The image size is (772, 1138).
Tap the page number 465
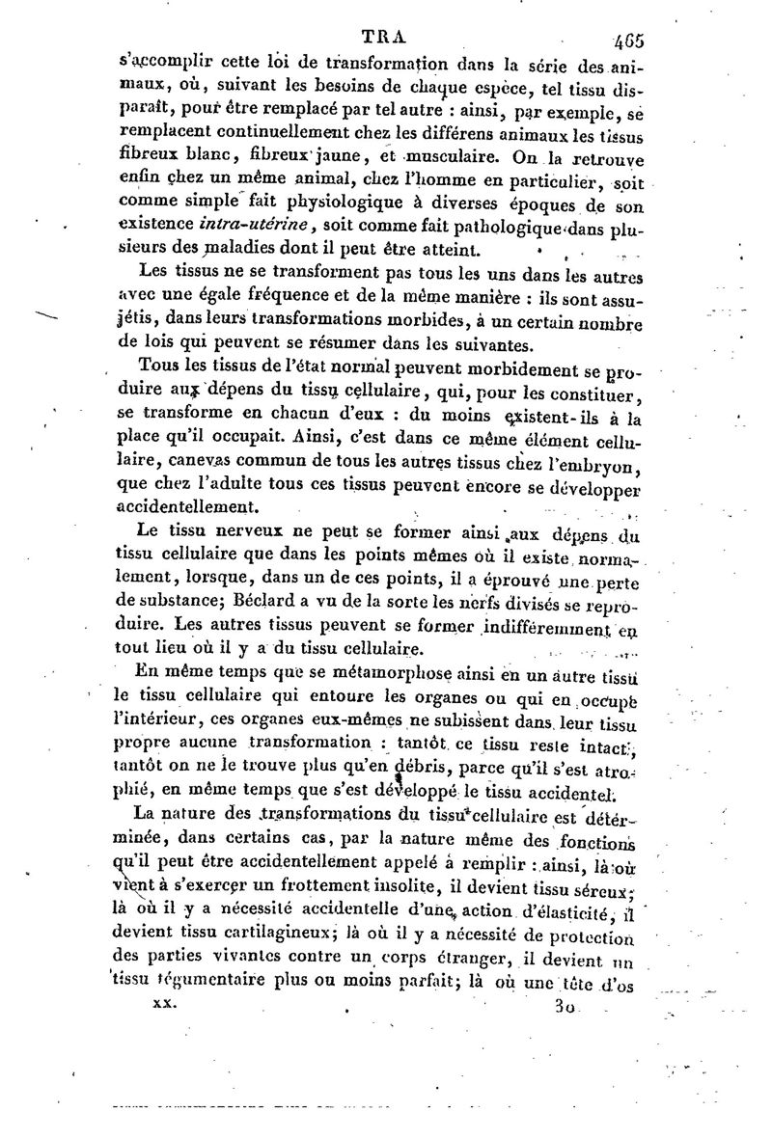(628, 41)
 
